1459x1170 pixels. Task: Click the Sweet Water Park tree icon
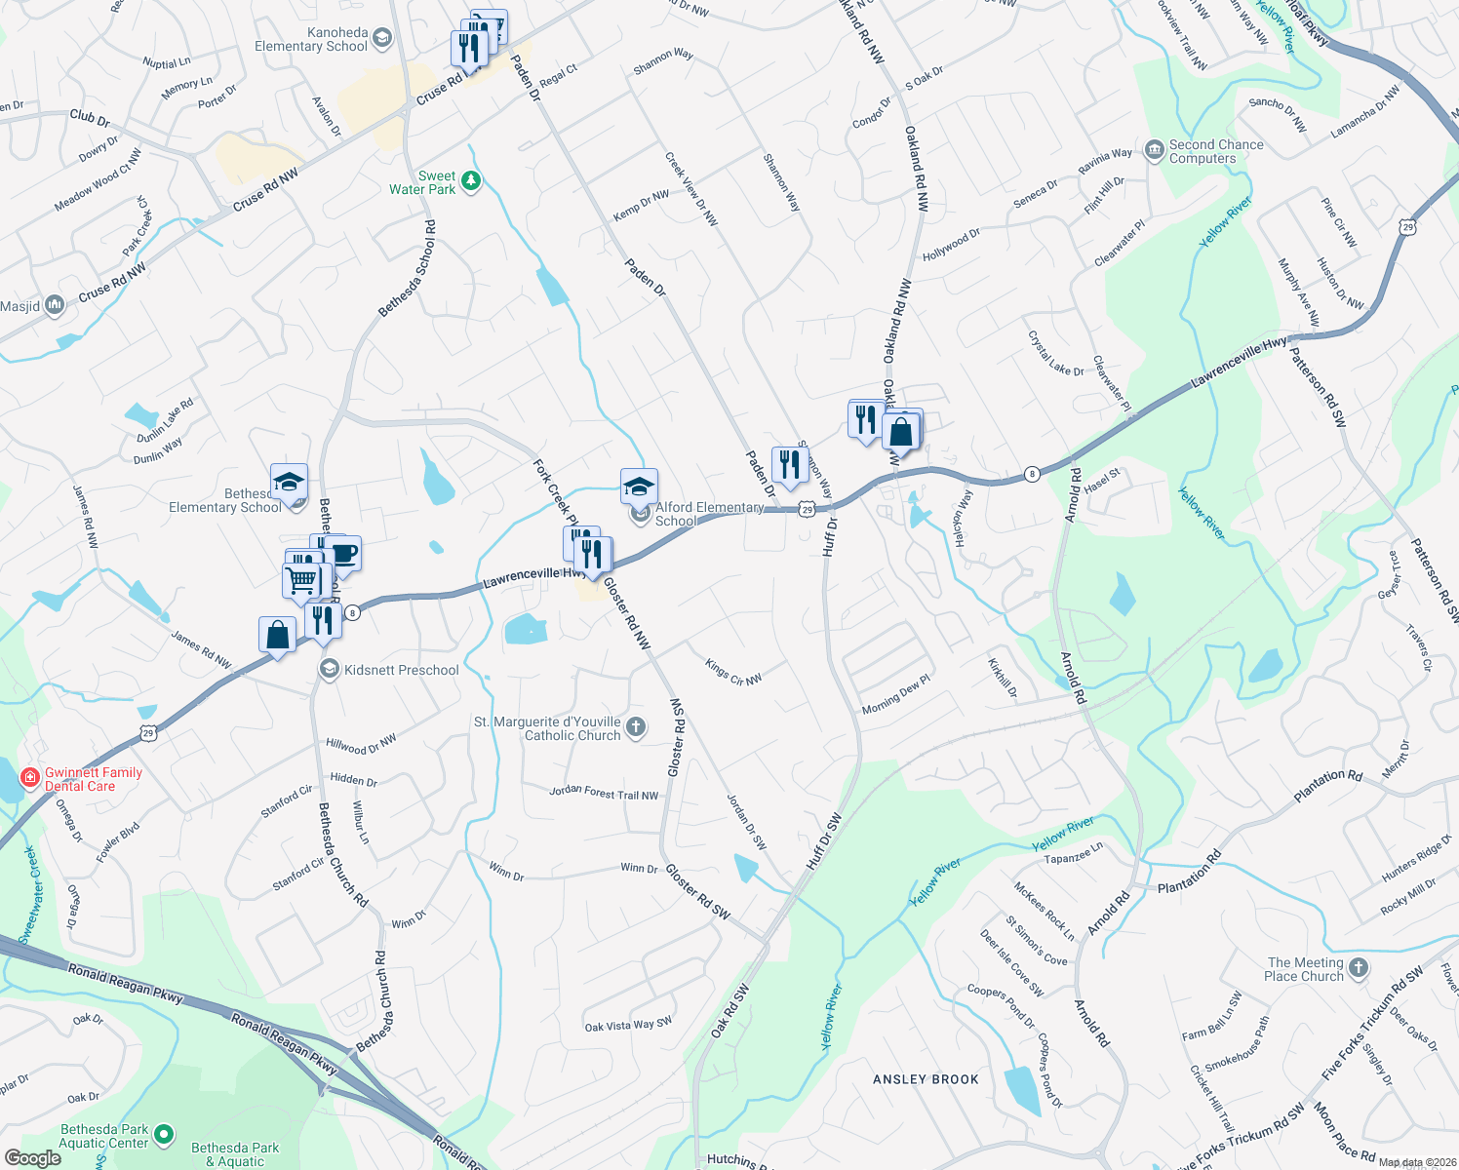[x=471, y=181]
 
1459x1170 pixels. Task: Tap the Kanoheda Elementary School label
[x=311, y=40]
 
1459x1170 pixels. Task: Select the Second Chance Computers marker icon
[x=1155, y=151]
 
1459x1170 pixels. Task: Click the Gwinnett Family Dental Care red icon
[x=30, y=778]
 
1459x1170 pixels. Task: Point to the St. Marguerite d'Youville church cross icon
[x=635, y=726]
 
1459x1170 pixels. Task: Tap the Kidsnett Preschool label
[x=401, y=670]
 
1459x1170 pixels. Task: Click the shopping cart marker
[x=302, y=580]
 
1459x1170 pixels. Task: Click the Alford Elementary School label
[x=709, y=514]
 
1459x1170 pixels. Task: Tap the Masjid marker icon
[x=54, y=306]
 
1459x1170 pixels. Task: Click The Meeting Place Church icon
[x=1358, y=968]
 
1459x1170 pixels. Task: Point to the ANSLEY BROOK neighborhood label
[x=926, y=1079]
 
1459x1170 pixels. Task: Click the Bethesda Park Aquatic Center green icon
[x=164, y=1134]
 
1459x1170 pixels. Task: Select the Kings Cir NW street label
[x=733, y=672]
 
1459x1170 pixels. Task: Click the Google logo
[x=33, y=1158]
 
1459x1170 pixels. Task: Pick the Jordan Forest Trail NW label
[x=604, y=793]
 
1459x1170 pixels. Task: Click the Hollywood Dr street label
[x=951, y=245]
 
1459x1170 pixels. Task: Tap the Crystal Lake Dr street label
[x=1055, y=353]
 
